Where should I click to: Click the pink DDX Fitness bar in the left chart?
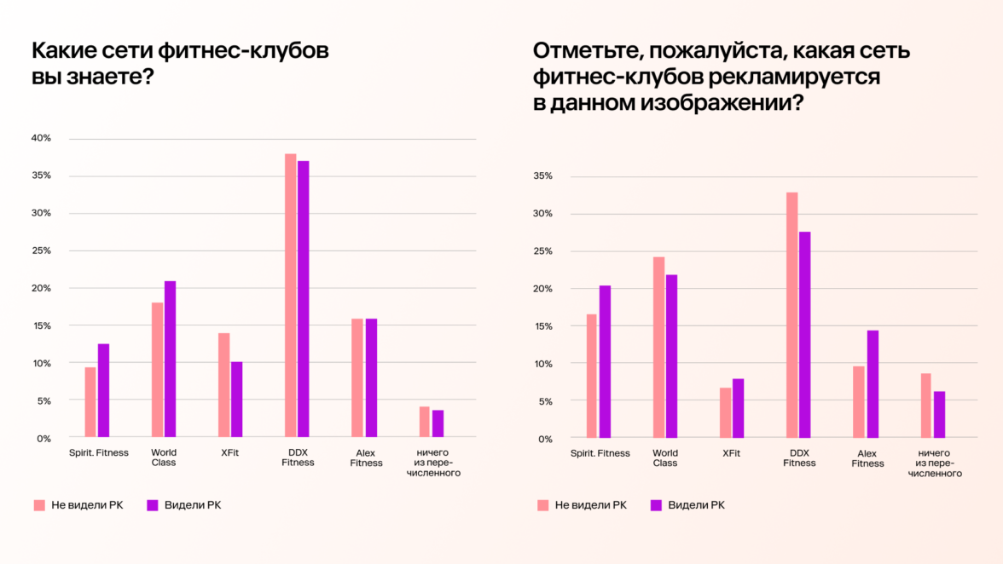tap(291, 296)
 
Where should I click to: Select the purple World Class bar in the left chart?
tap(171, 359)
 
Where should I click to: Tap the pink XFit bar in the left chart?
tap(224, 385)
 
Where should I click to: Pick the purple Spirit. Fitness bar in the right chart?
tap(605, 361)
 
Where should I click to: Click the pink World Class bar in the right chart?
tap(658, 348)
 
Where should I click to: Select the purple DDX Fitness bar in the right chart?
tap(805, 335)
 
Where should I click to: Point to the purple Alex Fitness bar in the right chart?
tap(872, 384)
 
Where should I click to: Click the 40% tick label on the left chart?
tap(42, 138)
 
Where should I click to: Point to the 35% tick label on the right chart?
tap(543, 176)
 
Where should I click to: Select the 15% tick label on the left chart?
tap(42, 325)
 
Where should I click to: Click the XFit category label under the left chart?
tap(229, 452)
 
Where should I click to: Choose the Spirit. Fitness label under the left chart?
tap(99, 452)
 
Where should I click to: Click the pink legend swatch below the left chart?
tap(39, 505)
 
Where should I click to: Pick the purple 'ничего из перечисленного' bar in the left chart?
tap(438, 423)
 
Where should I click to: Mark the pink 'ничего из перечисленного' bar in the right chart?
tap(925, 406)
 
